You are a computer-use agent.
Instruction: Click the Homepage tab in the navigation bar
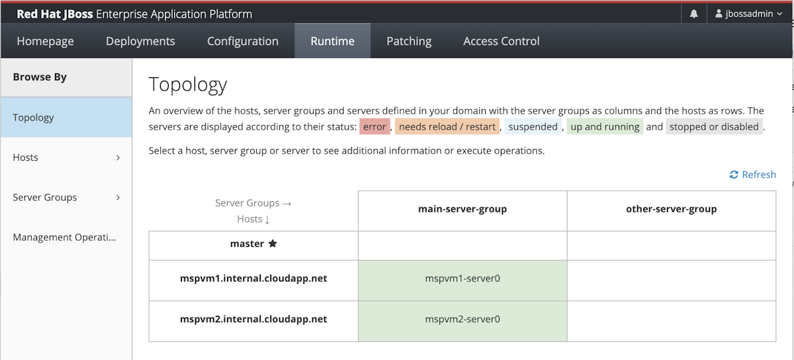(x=45, y=41)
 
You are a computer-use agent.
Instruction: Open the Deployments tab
(x=140, y=41)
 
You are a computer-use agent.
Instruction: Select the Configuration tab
(x=243, y=41)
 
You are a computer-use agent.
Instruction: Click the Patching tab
(x=409, y=41)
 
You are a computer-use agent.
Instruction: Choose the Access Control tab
(x=502, y=41)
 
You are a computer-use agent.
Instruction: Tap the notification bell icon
(x=693, y=14)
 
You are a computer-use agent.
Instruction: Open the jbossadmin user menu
(x=748, y=14)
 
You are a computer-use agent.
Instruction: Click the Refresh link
(x=753, y=175)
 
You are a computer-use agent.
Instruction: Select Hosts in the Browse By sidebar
(x=66, y=157)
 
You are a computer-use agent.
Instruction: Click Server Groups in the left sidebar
(x=66, y=197)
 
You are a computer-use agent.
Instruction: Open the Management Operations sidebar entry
(x=66, y=238)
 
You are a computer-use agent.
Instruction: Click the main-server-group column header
(x=463, y=209)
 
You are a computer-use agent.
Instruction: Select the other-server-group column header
(x=672, y=209)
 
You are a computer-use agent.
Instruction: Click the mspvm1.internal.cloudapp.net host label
(x=253, y=279)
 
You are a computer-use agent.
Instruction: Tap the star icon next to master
(x=273, y=244)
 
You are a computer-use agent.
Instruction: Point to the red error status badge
(x=375, y=126)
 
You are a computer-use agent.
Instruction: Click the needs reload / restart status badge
(x=447, y=126)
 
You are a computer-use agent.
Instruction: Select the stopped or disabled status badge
(x=714, y=126)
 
